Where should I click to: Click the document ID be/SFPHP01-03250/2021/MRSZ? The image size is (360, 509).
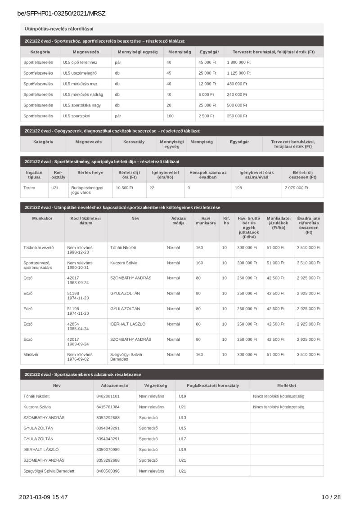pyautogui.click(x=61, y=13)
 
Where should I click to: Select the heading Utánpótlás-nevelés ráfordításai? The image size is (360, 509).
pyautogui.click(x=59, y=29)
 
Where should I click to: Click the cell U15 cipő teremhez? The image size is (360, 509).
pyautogui.click(x=80, y=63)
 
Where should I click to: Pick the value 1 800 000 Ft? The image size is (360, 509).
pyautogui.click(x=239, y=63)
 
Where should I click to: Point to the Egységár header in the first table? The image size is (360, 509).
pyautogui.click(x=209, y=52)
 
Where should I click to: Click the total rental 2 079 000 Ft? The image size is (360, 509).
pyautogui.click(x=297, y=188)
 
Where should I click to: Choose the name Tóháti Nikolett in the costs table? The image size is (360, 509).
pyautogui.click(x=123, y=247)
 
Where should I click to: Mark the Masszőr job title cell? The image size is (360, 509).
pyautogui.click(x=31, y=354)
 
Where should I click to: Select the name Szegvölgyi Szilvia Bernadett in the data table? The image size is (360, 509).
pyautogui.click(x=49, y=471)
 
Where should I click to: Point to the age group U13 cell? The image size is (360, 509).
pyautogui.click(x=182, y=418)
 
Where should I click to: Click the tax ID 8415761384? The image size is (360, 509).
pyautogui.click(x=108, y=407)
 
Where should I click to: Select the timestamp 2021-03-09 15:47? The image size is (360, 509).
pyautogui.click(x=43, y=497)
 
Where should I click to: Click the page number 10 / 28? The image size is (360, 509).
pyautogui.click(x=331, y=497)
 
